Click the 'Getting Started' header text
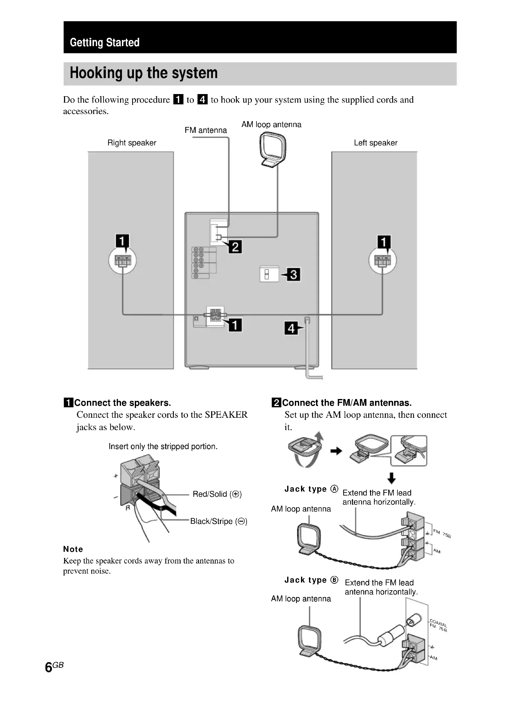click(x=104, y=42)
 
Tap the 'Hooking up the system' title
click(x=143, y=73)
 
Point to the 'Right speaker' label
click(x=132, y=143)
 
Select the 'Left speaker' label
click(x=375, y=143)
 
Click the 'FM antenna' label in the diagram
click(x=205, y=130)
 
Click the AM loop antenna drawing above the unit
click(x=273, y=149)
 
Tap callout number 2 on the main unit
click(x=235, y=247)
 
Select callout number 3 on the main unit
click(x=294, y=275)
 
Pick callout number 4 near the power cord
click(x=291, y=328)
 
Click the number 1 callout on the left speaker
click(x=122, y=241)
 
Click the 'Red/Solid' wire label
click(x=217, y=494)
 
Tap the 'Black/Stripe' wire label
click(x=219, y=521)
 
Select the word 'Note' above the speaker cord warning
click(x=73, y=549)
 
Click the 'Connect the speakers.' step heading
click(x=122, y=403)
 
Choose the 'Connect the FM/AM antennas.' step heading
click(x=346, y=403)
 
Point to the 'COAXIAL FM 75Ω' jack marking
click(x=438, y=625)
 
